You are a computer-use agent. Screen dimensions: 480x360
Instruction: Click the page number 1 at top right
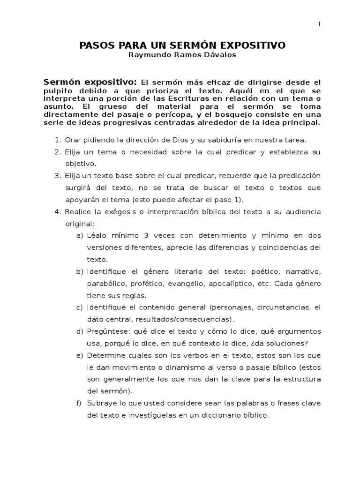[319, 25]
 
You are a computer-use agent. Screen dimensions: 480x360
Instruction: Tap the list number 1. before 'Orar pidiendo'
[58, 140]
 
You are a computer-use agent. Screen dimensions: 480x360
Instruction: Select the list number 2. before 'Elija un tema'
[58, 152]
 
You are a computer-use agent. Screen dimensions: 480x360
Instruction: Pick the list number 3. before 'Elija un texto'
[58, 176]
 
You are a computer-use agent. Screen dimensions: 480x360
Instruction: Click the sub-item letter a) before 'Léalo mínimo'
[80, 235]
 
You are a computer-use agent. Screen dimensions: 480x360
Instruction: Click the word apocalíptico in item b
[229, 284]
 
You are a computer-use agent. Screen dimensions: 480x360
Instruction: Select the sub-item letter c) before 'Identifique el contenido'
[80, 307]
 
